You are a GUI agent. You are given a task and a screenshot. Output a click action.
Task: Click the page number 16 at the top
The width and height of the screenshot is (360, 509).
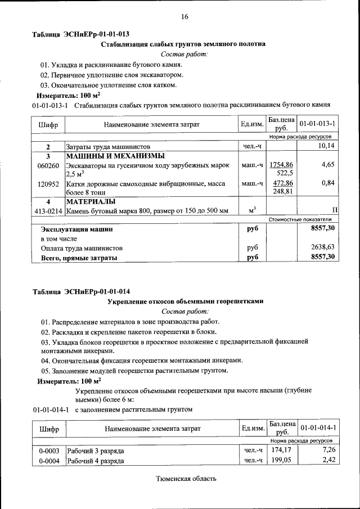[x=184, y=17]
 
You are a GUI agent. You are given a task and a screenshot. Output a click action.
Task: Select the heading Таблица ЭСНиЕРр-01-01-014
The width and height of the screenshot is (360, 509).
[x=81, y=292]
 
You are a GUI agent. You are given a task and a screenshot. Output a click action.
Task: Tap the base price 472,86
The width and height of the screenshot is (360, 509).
[x=282, y=183]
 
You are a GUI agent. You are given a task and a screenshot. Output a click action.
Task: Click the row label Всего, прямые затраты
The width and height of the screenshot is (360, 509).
[x=79, y=257]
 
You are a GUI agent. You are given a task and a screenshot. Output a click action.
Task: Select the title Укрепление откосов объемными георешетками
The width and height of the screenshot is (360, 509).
[x=185, y=301]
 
